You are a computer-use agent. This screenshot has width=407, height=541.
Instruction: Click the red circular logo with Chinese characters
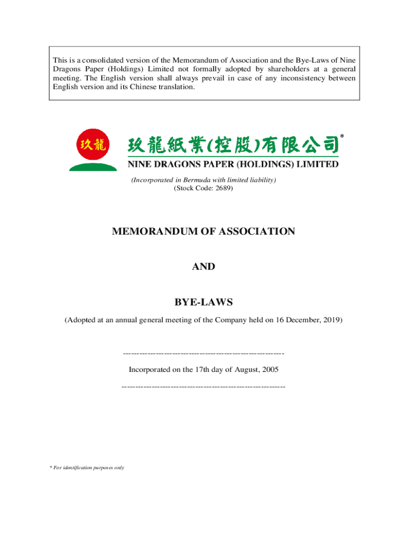93,145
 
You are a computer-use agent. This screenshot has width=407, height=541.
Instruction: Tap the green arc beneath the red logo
93,167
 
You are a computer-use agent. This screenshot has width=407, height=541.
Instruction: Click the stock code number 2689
223,188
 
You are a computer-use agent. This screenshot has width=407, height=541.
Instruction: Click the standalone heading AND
203,267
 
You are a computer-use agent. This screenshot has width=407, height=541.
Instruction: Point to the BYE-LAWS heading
203,302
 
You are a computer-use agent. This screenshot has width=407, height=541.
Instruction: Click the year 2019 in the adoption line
332,320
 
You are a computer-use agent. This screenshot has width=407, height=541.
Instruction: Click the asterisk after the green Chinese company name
342,137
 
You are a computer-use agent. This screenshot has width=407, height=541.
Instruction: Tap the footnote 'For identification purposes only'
87,468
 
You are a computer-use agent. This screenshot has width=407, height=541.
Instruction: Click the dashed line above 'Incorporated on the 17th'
203,352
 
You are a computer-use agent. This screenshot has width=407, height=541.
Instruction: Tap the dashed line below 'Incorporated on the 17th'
203,387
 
